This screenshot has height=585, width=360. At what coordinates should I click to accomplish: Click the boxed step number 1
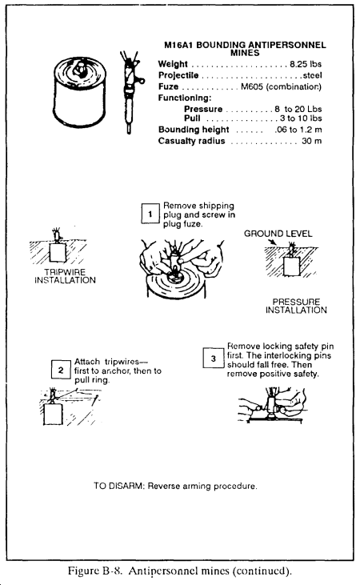[150, 214]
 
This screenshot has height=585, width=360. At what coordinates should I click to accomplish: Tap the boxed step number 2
[61, 370]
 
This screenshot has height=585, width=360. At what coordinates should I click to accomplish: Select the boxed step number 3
[213, 359]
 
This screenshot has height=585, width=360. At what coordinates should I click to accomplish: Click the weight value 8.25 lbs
[306, 64]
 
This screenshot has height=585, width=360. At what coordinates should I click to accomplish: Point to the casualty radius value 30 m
[311, 141]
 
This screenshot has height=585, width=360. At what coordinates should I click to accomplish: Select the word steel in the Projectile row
[312, 75]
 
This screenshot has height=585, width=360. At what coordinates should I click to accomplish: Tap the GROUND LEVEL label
[278, 234]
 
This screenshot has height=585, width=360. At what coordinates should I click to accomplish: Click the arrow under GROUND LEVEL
[272, 242]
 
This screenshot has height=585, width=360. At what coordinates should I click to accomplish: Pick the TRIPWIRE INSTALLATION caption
[66, 276]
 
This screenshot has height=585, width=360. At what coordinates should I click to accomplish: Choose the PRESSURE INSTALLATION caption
[296, 306]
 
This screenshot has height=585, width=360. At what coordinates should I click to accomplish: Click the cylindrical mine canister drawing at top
[79, 91]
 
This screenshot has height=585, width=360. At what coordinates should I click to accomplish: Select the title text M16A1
[179, 45]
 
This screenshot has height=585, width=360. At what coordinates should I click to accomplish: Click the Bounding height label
[194, 130]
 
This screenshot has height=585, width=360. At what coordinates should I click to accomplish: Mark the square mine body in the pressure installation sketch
[291, 266]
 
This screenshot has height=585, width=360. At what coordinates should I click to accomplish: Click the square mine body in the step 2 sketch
[53, 414]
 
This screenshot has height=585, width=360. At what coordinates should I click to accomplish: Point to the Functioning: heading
[185, 98]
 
